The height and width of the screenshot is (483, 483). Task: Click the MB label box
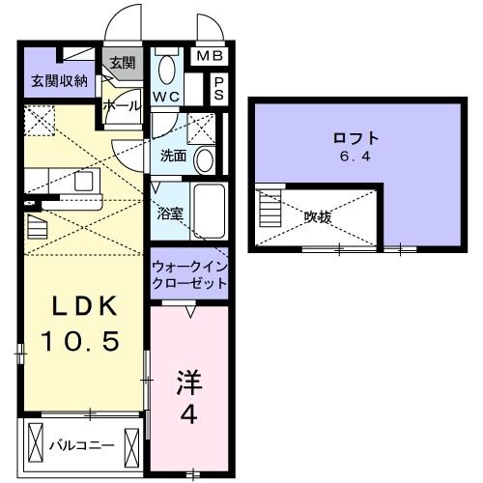209,57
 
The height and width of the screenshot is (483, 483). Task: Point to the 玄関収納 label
57,79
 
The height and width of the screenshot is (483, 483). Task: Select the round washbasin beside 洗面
204,159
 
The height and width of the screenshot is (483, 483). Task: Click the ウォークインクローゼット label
190,274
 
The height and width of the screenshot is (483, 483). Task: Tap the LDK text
84,307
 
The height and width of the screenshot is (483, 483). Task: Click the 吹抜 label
318,217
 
